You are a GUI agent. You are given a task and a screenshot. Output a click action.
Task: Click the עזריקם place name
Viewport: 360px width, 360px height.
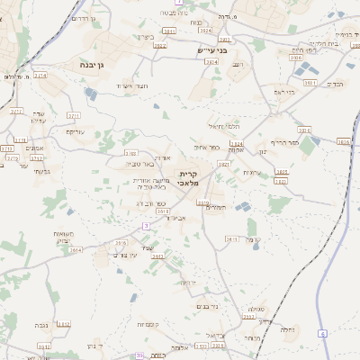(x=76, y=131)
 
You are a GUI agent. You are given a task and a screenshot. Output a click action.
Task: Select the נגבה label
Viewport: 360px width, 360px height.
(x=42, y=325)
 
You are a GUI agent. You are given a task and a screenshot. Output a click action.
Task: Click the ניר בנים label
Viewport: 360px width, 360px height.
(x=206, y=306)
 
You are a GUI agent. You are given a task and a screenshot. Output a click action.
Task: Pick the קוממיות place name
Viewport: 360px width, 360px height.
(x=148, y=324)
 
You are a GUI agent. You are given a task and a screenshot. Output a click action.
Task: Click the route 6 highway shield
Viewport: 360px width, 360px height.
(x=323, y=332)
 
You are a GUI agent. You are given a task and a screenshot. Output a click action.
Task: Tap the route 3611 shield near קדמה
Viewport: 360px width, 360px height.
(x=231, y=239)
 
